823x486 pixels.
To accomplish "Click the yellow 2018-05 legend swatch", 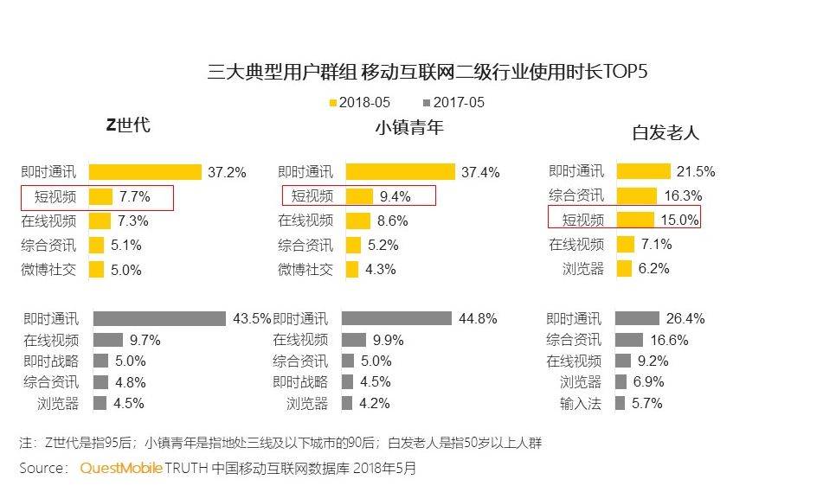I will click(332, 103).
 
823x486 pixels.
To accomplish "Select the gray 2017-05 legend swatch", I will click(427, 103).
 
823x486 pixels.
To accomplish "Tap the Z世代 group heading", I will click(128, 125).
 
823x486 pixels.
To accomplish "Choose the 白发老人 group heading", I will click(665, 132).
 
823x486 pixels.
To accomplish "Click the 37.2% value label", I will click(227, 172).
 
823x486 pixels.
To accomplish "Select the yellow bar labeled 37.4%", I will click(400, 172).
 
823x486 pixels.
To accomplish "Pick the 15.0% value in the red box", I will click(679, 220).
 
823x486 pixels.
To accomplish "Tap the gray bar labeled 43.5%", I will click(159, 318).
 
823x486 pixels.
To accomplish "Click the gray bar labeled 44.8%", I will click(396, 318).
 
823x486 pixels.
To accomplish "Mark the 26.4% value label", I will click(684, 318).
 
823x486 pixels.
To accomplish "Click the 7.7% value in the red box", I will click(134, 196).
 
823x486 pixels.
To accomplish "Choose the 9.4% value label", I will click(395, 196).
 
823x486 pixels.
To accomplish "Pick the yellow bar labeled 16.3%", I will click(635, 195).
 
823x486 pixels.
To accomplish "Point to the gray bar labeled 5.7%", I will click(620, 403).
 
